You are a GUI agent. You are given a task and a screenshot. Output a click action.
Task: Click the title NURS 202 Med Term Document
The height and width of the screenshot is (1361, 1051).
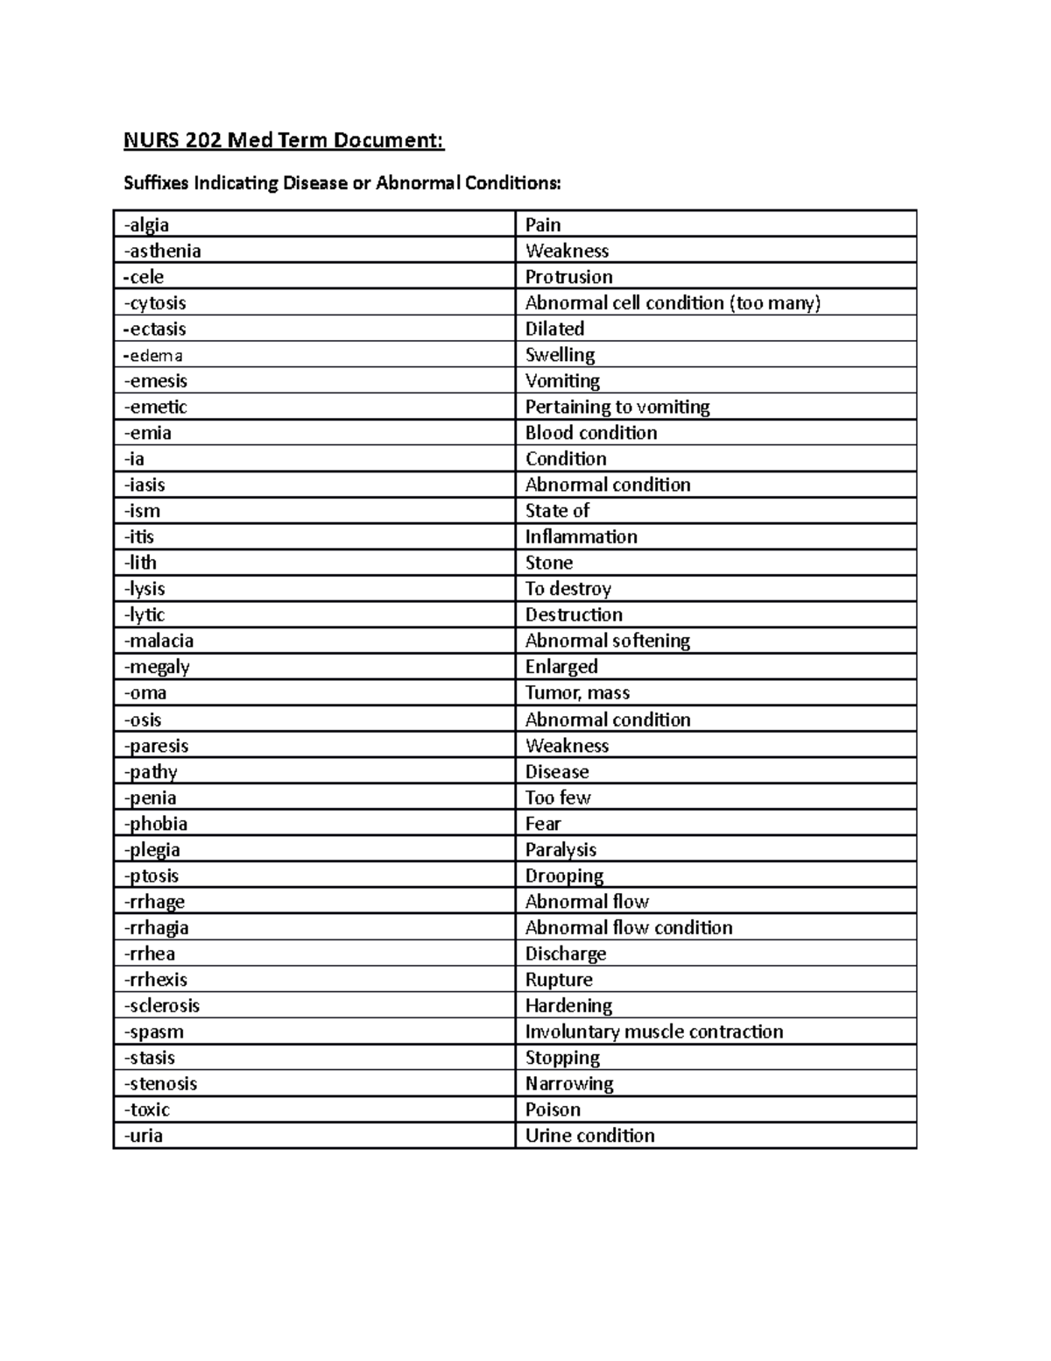[284, 140]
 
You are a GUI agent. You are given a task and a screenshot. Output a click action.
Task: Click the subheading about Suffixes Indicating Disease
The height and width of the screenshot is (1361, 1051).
[342, 183]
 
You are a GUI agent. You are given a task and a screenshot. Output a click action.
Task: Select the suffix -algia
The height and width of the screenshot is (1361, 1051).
[146, 225]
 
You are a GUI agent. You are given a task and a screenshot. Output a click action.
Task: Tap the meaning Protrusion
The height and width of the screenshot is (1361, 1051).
[568, 277]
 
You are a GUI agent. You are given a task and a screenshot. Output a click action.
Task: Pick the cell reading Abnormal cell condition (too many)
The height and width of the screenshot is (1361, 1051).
[673, 303]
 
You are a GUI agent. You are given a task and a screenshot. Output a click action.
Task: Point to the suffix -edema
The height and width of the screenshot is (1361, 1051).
[153, 355]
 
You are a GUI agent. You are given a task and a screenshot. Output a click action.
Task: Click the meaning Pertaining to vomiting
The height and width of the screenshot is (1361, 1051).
[617, 407]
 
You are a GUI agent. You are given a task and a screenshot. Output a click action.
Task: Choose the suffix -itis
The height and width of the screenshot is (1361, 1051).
[139, 536]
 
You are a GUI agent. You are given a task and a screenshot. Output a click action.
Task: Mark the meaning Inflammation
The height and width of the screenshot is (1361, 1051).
[581, 536]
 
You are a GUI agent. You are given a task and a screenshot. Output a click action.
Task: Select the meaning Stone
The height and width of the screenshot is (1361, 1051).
[548, 563]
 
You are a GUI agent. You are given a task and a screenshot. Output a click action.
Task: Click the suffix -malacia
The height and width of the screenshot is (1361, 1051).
[159, 641]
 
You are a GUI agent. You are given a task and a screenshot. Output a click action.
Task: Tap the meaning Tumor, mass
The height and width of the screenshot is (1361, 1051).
[577, 692]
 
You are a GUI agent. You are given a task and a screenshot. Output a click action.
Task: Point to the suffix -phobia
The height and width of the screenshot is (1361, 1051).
[156, 824]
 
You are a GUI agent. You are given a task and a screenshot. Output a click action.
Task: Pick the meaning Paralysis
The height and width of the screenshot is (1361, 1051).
[561, 849]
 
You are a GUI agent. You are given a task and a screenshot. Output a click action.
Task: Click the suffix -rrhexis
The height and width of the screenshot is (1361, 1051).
[156, 980]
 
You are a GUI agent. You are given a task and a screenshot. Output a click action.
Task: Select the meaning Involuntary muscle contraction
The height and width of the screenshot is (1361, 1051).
[653, 1031]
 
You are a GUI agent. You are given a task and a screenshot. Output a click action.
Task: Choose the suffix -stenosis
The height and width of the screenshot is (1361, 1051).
[160, 1084]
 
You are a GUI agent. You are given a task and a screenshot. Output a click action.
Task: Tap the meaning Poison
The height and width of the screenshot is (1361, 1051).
[553, 1109]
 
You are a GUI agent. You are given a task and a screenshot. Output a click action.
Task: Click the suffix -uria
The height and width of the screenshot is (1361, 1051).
[144, 1136]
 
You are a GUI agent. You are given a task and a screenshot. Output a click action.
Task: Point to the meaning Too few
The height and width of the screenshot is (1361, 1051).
[558, 797]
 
